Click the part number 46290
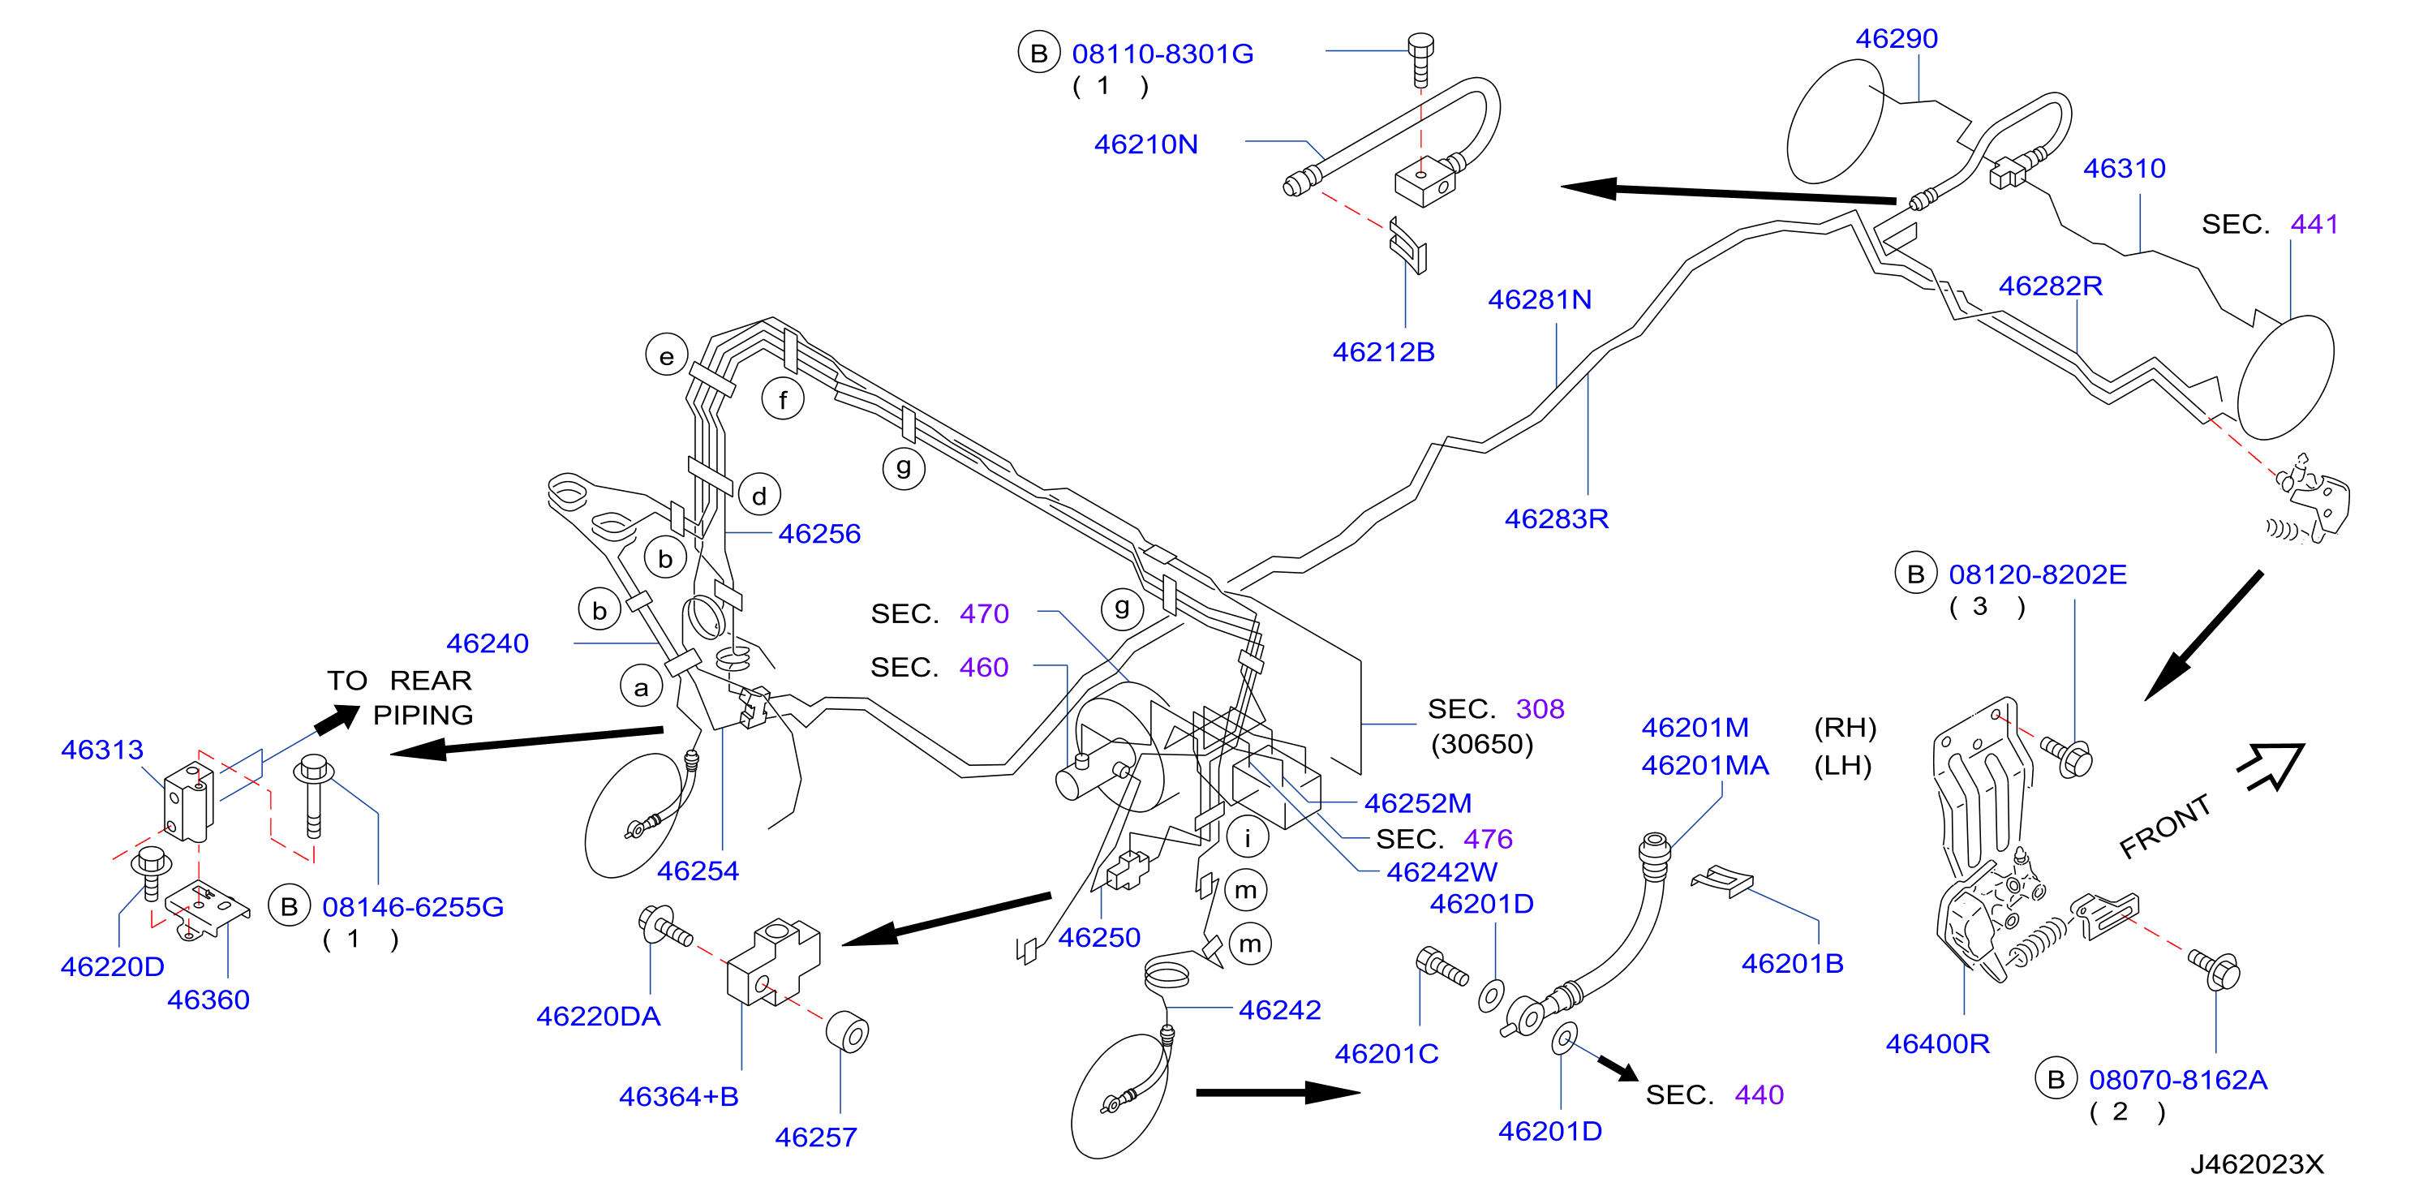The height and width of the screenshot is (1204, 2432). click(1896, 39)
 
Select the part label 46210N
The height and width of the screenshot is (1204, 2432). click(1145, 144)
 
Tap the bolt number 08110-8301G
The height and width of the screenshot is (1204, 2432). click(1162, 54)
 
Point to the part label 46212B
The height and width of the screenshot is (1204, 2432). click(1383, 352)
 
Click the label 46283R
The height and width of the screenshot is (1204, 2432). click(1556, 518)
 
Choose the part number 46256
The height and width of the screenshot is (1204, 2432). click(819, 534)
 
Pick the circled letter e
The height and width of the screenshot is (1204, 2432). click(667, 356)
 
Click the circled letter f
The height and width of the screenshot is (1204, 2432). click(783, 399)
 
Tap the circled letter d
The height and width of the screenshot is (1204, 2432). click(759, 495)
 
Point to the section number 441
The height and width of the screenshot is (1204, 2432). click(2314, 225)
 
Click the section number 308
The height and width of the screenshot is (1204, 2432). click(1540, 709)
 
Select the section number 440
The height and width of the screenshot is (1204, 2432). click(1759, 1095)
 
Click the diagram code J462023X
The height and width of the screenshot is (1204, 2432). click(2257, 1164)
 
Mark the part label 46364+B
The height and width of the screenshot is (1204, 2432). click(679, 1097)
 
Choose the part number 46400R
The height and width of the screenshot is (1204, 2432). click(1937, 1043)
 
